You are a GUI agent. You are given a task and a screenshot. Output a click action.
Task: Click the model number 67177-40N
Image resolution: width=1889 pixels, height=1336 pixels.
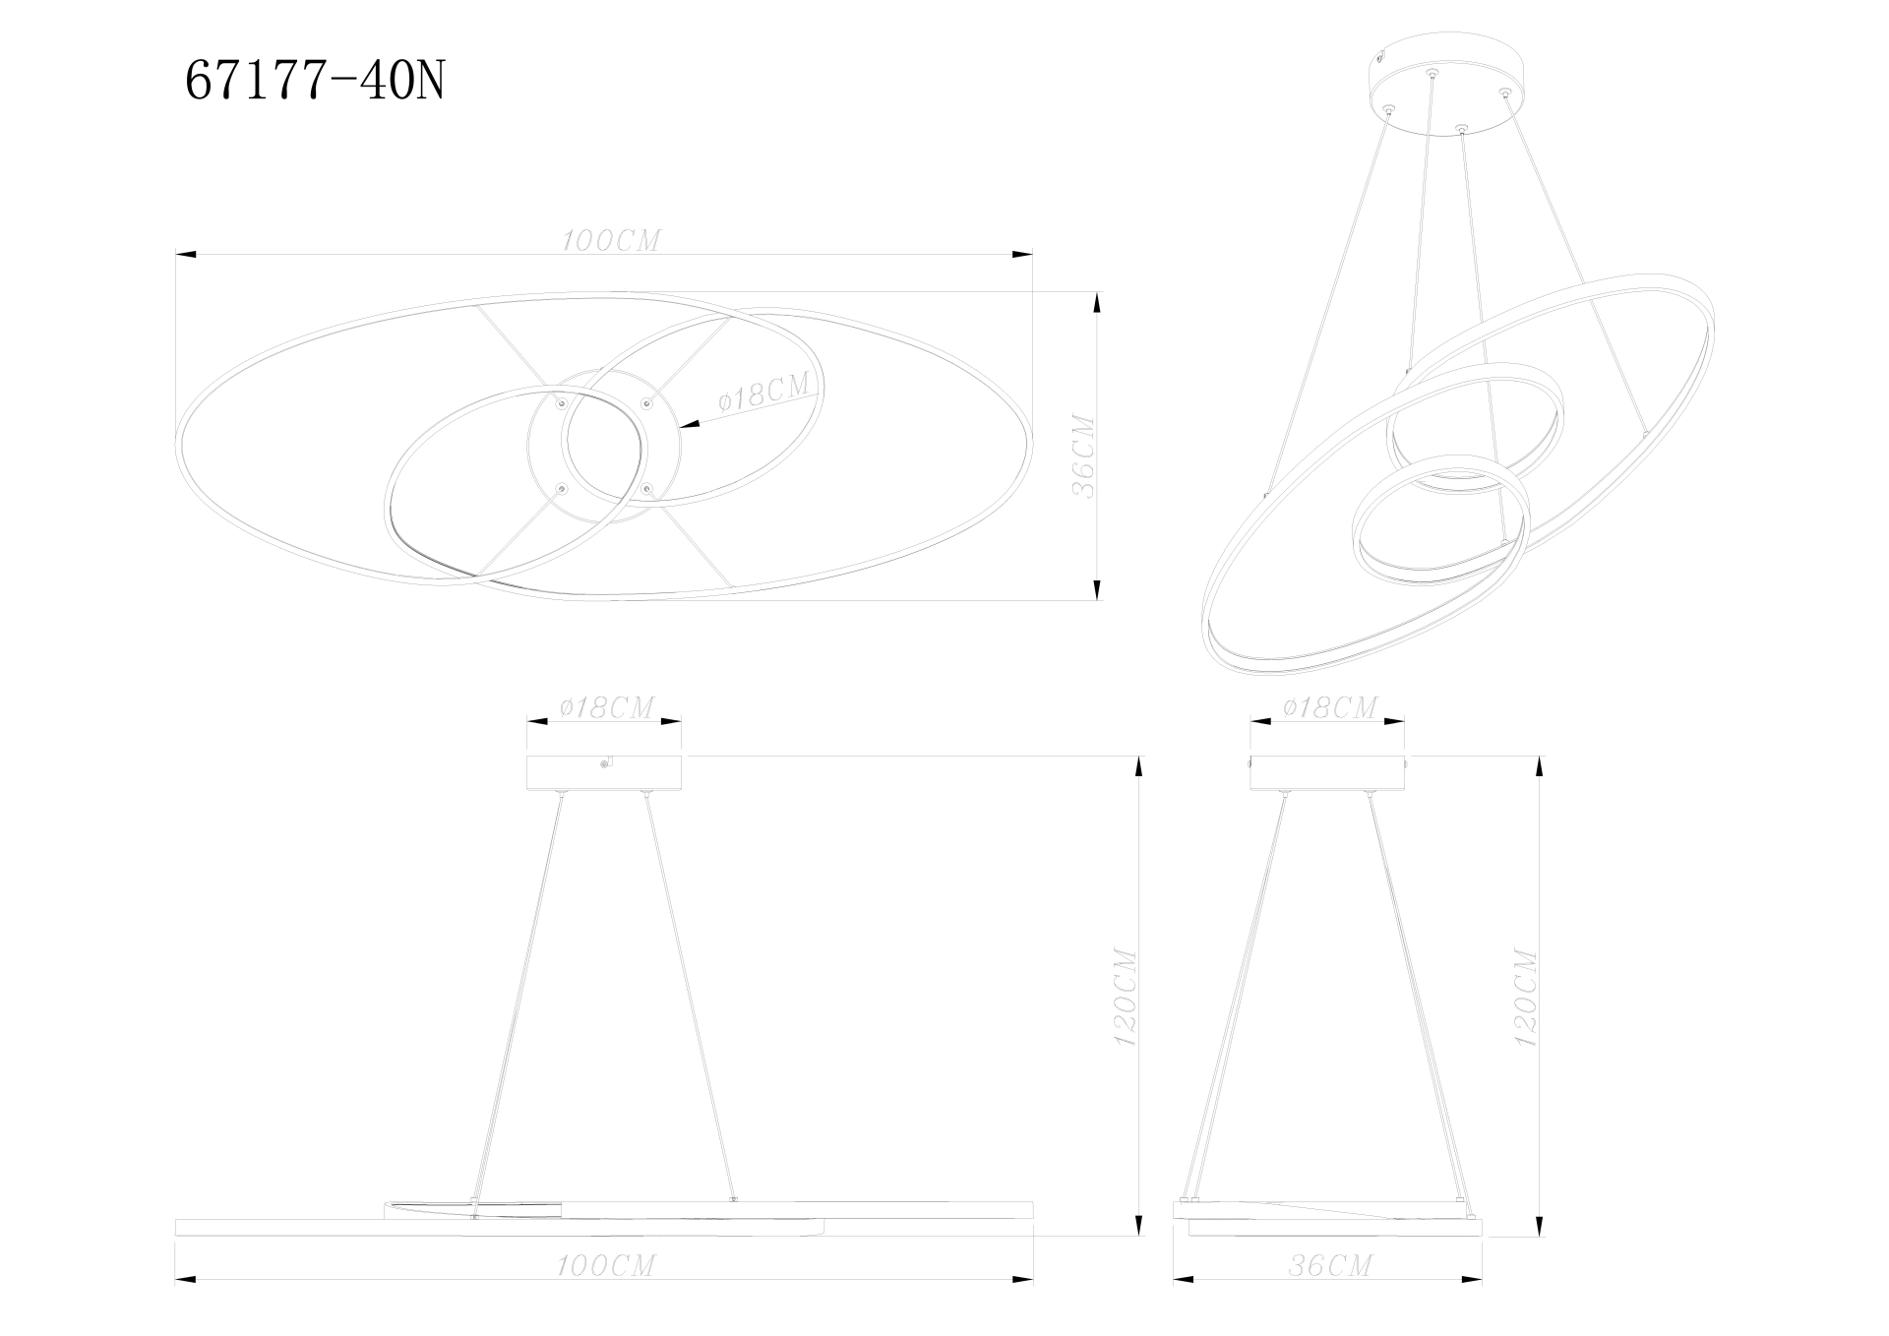click(x=315, y=82)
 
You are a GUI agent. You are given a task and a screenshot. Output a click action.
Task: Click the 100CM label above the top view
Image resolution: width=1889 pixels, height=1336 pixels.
click(x=611, y=241)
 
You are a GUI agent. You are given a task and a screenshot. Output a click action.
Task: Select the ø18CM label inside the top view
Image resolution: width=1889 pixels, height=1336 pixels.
click(x=764, y=393)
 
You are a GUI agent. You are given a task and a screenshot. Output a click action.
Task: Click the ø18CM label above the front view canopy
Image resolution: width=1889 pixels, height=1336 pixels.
click(x=605, y=707)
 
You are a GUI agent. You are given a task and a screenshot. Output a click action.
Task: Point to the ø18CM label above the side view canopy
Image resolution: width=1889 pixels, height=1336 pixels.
click(x=1329, y=707)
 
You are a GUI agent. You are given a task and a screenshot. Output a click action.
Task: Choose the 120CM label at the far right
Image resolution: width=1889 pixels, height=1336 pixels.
click(x=1524, y=996)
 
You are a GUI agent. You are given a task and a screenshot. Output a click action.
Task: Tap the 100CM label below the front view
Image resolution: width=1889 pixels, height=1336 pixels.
click(x=606, y=1265)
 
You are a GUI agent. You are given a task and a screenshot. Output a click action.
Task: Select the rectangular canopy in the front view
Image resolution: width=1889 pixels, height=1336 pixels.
click(x=604, y=773)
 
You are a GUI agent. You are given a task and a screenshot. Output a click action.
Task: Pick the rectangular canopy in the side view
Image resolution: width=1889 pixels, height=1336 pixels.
click(x=1328, y=773)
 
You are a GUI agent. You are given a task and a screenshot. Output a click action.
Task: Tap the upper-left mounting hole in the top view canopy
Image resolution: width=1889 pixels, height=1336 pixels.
click(x=562, y=402)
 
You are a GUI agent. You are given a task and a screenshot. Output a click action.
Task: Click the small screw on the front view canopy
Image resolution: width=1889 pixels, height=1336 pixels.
click(x=607, y=760)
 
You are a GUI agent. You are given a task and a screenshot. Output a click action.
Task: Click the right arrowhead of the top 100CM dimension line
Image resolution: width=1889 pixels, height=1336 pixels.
click(x=1023, y=256)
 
